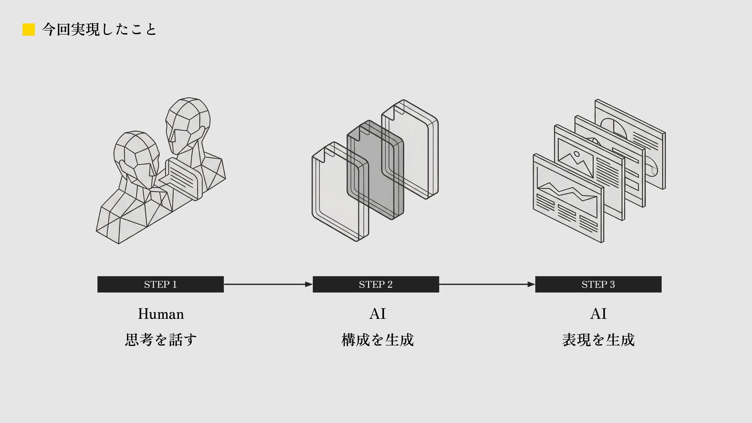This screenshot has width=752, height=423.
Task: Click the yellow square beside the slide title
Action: click(29, 29)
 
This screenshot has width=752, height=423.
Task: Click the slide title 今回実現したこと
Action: click(99, 29)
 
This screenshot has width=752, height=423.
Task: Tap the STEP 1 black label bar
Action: click(160, 284)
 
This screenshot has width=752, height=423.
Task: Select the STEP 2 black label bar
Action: click(376, 284)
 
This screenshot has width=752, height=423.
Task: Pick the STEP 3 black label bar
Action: click(598, 284)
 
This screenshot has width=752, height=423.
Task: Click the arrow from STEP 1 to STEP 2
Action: click(268, 284)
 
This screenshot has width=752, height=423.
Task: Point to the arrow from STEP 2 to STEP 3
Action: click(487, 284)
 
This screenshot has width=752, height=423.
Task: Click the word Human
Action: click(161, 314)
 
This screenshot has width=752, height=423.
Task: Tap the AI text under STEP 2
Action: click(378, 314)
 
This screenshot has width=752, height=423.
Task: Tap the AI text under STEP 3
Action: click(598, 314)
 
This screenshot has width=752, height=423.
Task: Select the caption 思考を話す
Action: click(161, 340)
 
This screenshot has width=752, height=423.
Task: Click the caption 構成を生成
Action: click(378, 340)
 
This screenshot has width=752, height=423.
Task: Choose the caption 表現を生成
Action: click(598, 340)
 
